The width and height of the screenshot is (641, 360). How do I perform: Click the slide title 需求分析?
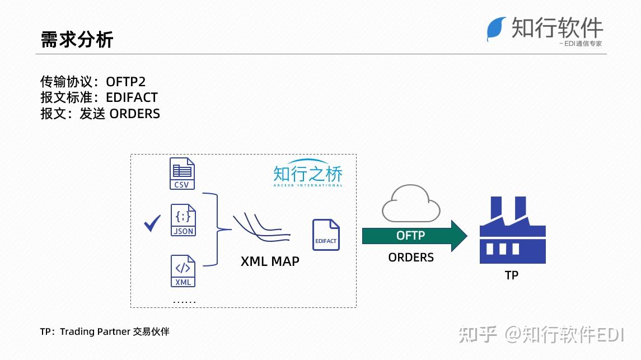[x=77, y=40]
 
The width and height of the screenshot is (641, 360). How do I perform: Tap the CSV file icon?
[x=182, y=174]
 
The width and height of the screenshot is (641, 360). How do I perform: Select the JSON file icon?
[x=183, y=220]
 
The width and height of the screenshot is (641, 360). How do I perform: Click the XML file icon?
[x=183, y=271]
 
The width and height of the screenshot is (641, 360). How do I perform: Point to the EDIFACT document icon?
[x=326, y=235]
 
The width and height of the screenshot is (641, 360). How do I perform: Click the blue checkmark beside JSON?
[x=152, y=223]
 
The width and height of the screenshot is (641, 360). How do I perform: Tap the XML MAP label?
[x=270, y=261]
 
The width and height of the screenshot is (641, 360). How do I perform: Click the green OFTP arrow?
[x=414, y=236]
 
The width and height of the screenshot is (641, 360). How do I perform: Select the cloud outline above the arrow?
[x=411, y=203]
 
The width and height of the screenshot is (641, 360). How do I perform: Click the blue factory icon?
[x=513, y=230]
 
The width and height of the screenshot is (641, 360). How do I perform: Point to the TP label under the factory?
[x=512, y=275]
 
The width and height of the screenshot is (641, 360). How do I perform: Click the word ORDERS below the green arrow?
[x=411, y=258]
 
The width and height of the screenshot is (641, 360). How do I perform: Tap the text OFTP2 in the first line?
[x=125, y=82]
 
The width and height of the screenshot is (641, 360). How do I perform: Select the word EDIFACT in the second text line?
[x=132, y=97]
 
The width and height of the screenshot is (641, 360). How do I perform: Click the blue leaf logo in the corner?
[x=496, y=29]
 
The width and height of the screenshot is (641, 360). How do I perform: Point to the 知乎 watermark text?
[x=478, y=335]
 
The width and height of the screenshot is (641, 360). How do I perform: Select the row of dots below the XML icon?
[x=184, y=302]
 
